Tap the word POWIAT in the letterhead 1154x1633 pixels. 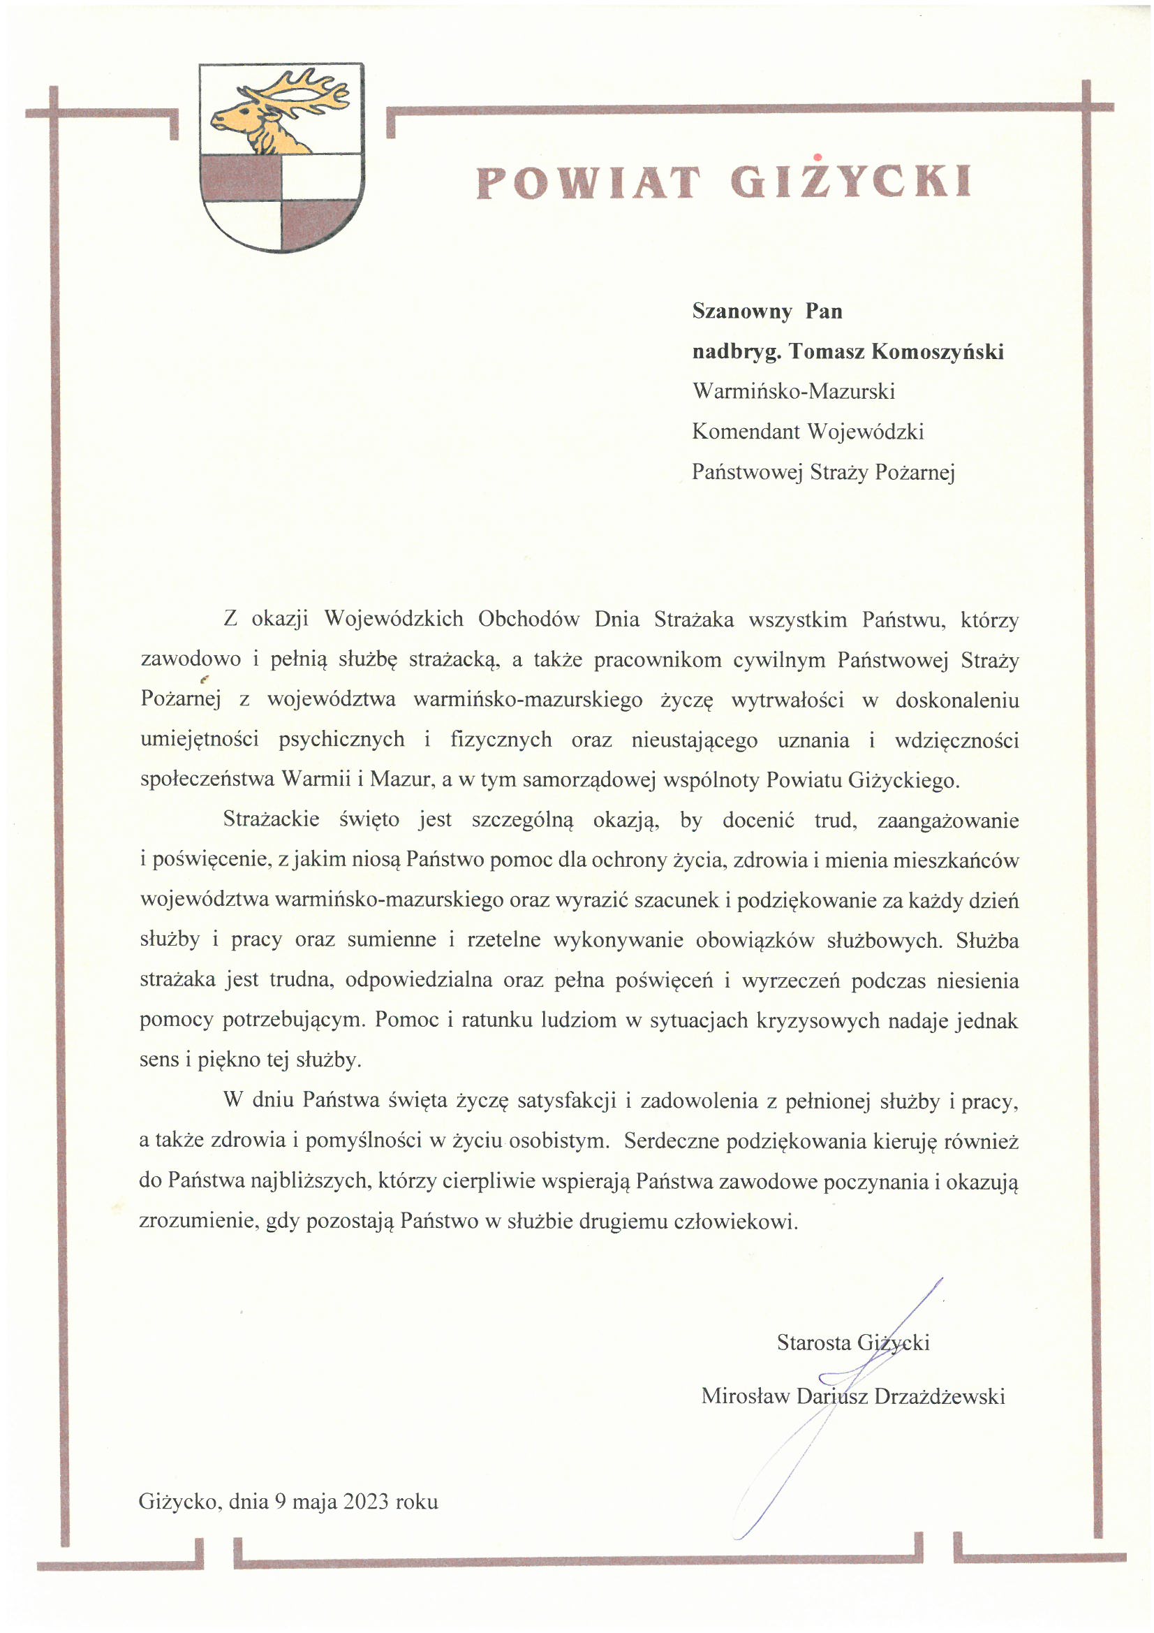click(x=588, y=183)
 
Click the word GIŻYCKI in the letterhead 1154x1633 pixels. click(x=850, y=183)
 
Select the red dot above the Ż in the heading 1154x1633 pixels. click(x=818, y=157)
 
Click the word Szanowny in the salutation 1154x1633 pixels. click(x=741, y=312)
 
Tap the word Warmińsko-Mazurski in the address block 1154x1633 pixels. click(x=793, y=391)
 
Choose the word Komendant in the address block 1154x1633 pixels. click(x=745, y=432)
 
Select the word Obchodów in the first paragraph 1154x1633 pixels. click(x=528, y=620)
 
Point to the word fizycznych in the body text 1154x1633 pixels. click(x=501, y=740)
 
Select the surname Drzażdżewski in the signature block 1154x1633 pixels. click(x=939, y=1396)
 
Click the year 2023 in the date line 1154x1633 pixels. click(x=366, y=1502)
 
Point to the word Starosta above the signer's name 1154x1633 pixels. click(x=813, y=1342)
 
